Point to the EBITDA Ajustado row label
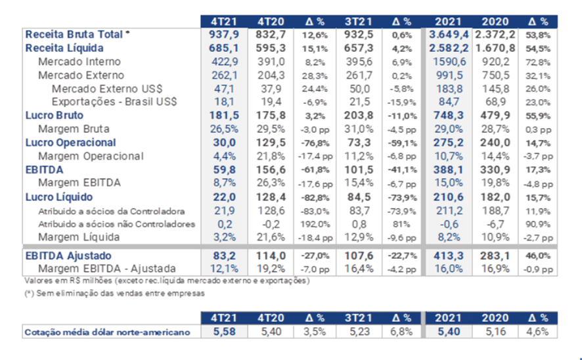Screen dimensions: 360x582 (x=68, y=256)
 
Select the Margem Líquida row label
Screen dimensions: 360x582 (x=79, y=236)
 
